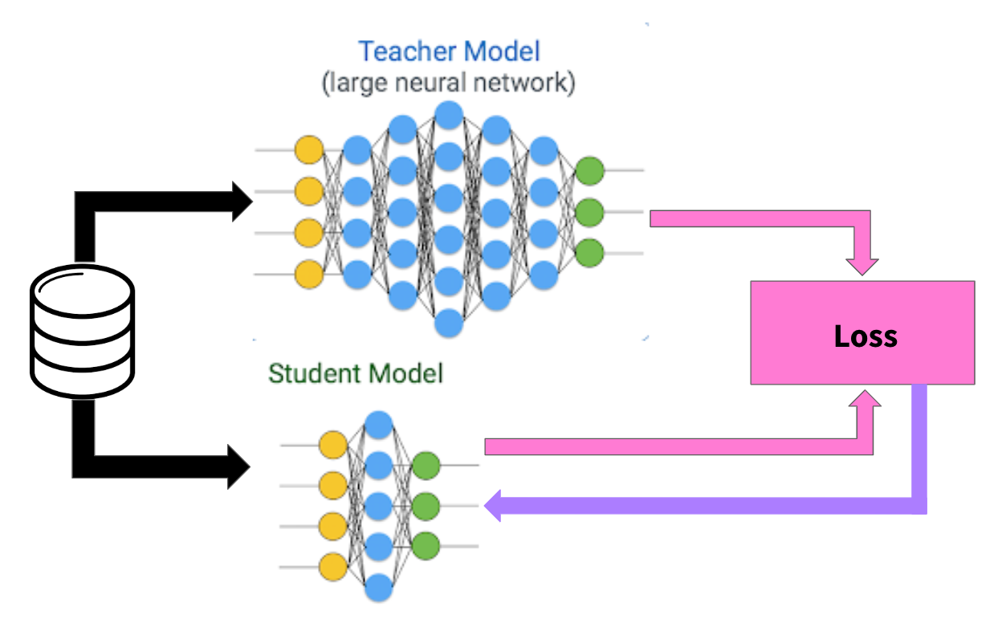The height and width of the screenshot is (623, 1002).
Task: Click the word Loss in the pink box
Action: point(866,335)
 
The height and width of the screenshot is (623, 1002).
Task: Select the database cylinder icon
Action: point(82,332)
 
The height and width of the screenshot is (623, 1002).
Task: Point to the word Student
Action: point(309,373)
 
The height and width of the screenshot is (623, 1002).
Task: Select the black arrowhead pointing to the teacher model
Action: point(240,201)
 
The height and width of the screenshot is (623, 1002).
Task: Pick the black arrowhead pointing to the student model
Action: point(240,466)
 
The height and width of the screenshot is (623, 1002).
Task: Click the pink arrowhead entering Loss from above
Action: point(862,266)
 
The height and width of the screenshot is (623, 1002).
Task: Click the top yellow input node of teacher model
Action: point(309,150)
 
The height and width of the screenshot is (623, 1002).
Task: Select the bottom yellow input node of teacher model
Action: point(309,275)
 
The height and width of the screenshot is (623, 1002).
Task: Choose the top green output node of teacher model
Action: point(589,170)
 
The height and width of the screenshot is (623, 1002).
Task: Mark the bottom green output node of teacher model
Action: point(589,253)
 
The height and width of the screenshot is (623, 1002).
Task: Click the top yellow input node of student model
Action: point(333,444)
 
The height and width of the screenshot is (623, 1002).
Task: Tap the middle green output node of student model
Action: point(426,506)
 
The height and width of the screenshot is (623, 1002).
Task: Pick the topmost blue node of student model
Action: point(378,424)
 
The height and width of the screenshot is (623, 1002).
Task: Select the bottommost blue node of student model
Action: point(378,589)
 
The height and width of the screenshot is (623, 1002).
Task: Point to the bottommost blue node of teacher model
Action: point(449,324)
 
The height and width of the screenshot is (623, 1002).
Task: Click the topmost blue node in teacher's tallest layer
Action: point(449,113)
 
